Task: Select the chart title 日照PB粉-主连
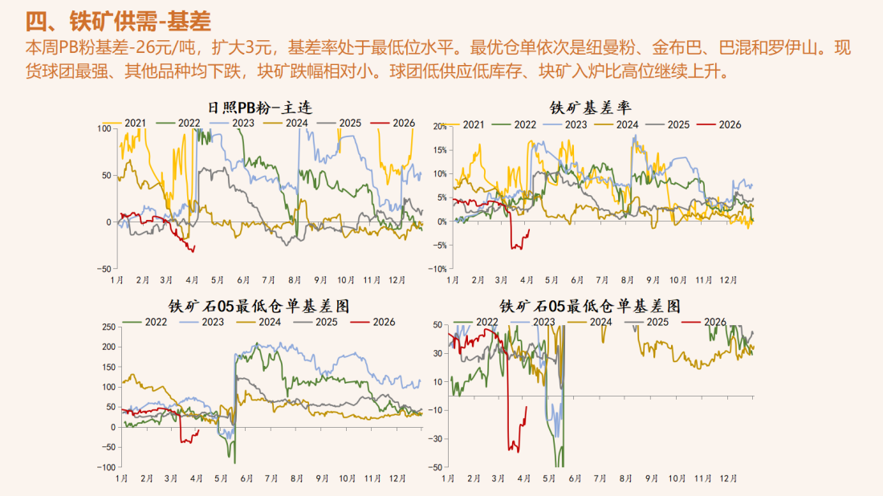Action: tap(259, 106)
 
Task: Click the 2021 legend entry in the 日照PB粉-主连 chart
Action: tap(133, 123)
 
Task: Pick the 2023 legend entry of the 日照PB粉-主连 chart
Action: tap(236, 123)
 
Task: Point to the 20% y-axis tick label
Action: tap(439, 127)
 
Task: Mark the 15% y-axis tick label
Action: tap(439, 150)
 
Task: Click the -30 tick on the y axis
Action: tap(437, 438)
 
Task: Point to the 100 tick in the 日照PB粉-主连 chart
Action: tap(104, 128)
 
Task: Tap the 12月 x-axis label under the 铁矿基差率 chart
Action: tap(728, 280)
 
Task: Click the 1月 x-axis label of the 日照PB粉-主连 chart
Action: tap(117, 280)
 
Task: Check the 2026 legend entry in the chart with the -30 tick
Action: tap(704, 322)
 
